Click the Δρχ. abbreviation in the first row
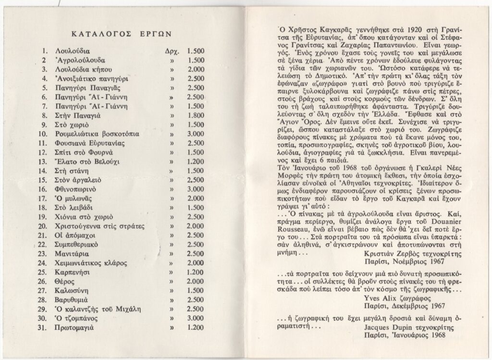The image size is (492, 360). click(172, 50)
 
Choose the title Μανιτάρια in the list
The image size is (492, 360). click(74, 254)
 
